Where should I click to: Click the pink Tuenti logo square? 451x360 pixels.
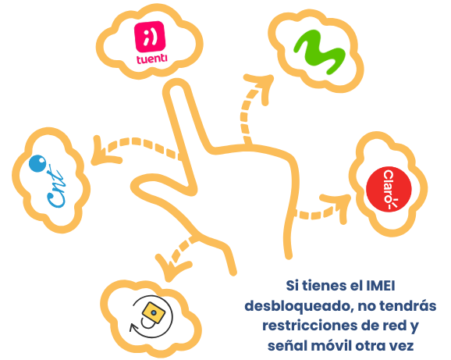pyautogui.click(x=150, y=37)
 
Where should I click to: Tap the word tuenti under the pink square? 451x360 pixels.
pyautogui.click(x=151, y=59)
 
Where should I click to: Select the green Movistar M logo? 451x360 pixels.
pyautogui.click(x=318, y=52)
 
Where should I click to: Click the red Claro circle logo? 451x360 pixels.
pyautogui.click(x=389, y=189)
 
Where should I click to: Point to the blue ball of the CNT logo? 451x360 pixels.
pyautogui.click(x=37, y=163)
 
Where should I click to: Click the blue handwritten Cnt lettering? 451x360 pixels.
pyautogui.click(x=55, y=187)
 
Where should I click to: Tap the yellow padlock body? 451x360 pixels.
pyautogui.click(x=154, y=312)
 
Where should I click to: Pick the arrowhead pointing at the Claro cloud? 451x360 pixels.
pyautogui.click(x=339, y=205)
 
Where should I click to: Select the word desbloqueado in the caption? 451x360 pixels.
pyautogui.click(x=299, y=306)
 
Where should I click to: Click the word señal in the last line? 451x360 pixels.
pyautogui.click(x=285, y=346)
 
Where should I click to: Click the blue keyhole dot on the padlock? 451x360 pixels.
pyautogui.click(x=154, y=312)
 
